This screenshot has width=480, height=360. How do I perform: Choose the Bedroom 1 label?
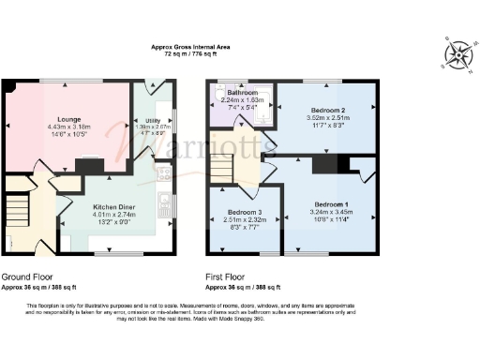point(331,204)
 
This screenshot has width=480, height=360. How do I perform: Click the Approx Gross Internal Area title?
point(191,47)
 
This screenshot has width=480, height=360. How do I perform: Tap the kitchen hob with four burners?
point(164,172)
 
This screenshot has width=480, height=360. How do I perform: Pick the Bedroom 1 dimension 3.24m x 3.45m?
point(331,213)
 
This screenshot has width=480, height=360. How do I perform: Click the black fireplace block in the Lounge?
point(90,166)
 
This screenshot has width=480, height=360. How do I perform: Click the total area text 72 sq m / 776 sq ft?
point(191,54)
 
